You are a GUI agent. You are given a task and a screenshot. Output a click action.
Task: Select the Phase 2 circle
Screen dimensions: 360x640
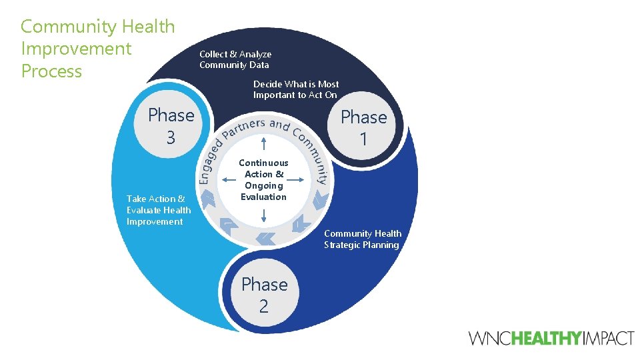pyautogui.click(x=264, y=295)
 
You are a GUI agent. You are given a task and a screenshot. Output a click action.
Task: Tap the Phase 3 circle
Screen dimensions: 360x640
pyautogui.click(x=171, y=126)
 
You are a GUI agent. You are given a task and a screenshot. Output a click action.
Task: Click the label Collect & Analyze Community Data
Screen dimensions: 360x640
pyautogui.click(x=235, y=59)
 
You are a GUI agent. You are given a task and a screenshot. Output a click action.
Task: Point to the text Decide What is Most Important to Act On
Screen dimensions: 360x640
pyautogui.click(x=295, y=89)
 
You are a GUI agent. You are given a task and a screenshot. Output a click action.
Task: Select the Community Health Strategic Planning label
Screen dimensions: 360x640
pyautogui.click(x=362, y=239)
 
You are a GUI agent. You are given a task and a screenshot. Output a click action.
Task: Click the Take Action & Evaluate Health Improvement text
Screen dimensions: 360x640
pyautogui.click(x=159, y=210)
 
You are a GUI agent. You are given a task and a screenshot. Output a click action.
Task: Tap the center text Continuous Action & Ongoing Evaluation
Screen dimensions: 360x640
pyautogui.click(x=263, y=180)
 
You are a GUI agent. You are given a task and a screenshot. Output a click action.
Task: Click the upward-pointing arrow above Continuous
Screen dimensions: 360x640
pyautogui.click(x=264, y=143)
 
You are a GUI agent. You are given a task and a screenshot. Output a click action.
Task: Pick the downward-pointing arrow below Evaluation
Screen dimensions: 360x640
pyautogui.click(x=264, y=215)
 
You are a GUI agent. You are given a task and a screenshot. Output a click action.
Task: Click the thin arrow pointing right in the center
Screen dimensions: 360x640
pyautogui.click(x=298, y=179)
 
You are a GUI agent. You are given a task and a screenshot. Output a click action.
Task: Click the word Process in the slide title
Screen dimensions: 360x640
pyautogui.click(x=51, y=71)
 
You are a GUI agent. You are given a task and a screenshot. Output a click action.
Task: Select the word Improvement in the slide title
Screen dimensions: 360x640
pyautogui.click(x=76, y=49)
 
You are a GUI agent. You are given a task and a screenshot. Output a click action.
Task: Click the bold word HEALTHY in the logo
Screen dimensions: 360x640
pyautogui.click(x=547, y=339)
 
